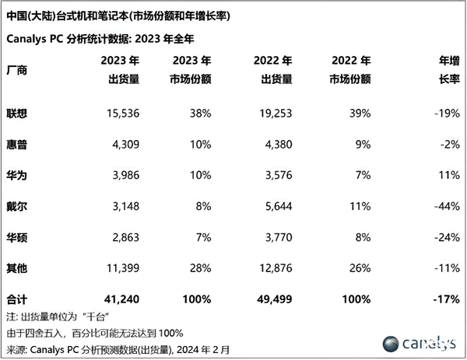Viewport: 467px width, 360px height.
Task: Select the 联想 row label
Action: click(x=16, y=113)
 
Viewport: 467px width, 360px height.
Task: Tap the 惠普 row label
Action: click(x=16, y=144)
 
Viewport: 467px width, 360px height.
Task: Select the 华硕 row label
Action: click(x=16, y=237)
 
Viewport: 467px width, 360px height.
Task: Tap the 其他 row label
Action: click(x=16, y=268)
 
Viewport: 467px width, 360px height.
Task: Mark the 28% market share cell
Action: click(x=199, y=268)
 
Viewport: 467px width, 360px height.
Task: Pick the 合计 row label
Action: click(x=16, y=299)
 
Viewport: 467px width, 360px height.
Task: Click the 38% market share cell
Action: click(x=199, y=113)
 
